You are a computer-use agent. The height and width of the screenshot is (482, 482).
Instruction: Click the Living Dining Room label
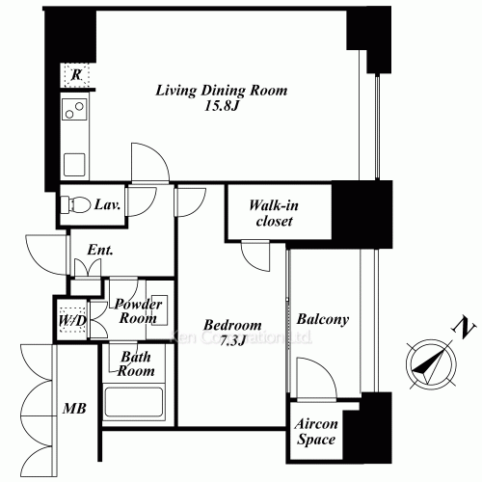point(223,92)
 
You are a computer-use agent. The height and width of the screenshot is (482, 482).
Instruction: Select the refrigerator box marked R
point(74,75)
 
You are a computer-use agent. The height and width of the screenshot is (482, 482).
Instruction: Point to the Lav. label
point(108,204)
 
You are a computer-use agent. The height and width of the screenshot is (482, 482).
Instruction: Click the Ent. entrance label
point(100,250)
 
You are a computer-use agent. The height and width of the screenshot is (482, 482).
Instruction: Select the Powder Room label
point(138,309)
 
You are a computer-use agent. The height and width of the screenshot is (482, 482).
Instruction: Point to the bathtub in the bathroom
point(135,405)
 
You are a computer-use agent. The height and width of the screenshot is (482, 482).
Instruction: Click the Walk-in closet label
point(271,213)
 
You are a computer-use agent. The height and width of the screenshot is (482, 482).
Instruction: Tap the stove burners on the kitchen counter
point(74,109)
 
